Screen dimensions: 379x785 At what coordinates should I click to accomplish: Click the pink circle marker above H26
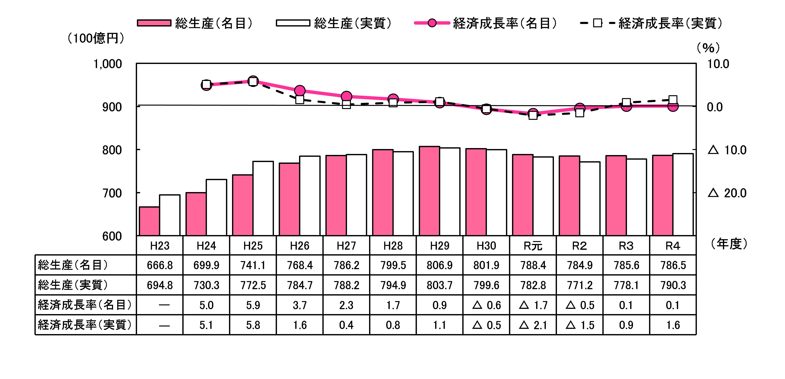pyautogui.click(x=300, y=90)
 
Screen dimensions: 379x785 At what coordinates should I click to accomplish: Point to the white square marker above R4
pyautogui.click(x=673, y=100)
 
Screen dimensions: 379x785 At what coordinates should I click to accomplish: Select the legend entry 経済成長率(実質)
pyautogui.click(x=652, y=23)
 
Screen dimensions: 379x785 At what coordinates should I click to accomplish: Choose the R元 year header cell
pyautogui.click(x=533, y=246)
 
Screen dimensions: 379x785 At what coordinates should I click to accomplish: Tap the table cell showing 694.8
pyautogui.click(x=160, y=285)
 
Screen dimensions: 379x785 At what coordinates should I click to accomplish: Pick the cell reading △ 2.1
pyautogui.click(x=533, y=325)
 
